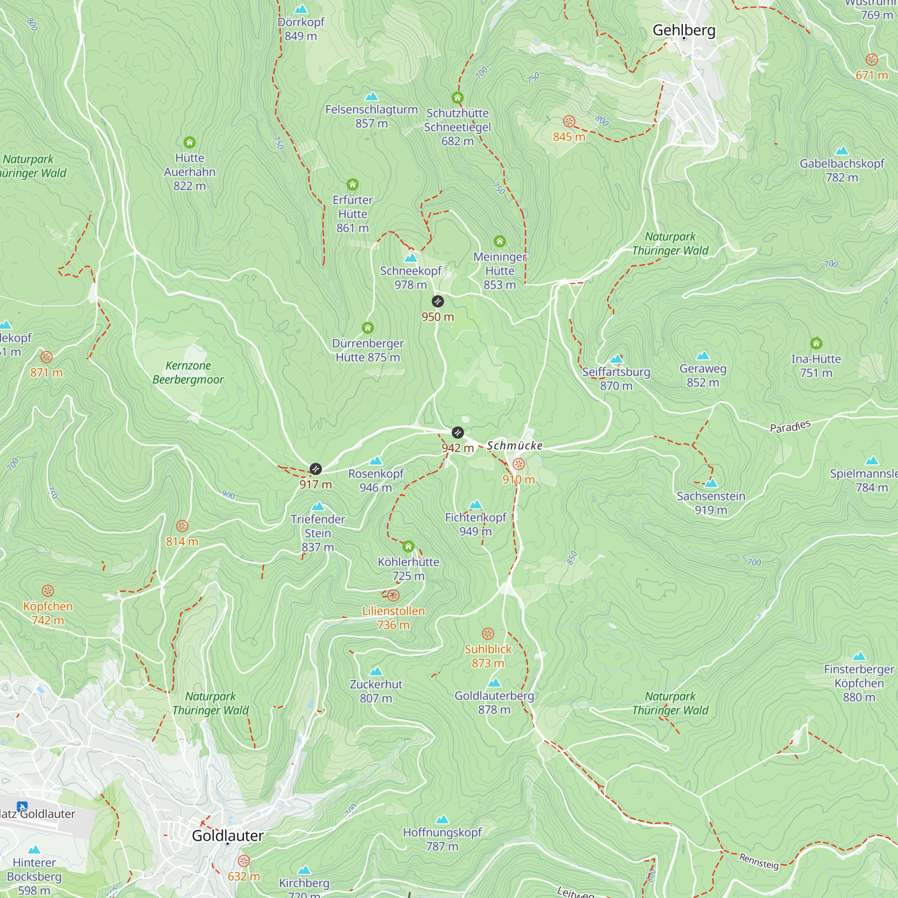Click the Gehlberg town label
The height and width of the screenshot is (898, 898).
tap(684, 30)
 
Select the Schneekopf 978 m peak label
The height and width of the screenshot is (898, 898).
tap(410, 277)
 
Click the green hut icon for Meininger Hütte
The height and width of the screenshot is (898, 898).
tap(500, 241)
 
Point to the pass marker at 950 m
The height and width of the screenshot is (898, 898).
tap(437, 302)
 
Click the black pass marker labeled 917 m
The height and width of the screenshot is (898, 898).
tap(316, 469)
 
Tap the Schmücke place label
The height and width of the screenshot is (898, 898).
tap(515, 446)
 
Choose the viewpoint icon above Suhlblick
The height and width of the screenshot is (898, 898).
tap(488, 634)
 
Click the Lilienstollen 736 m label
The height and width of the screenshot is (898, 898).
tap(393, 618)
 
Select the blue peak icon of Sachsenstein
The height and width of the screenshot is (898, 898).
tap(711, 484)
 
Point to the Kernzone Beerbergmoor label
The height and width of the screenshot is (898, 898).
tap(188, 372)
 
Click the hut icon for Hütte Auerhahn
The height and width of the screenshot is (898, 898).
tap(189, 142)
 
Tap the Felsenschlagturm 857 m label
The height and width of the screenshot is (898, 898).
tap(371, 116)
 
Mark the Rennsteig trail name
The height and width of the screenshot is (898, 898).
tap(758, 861)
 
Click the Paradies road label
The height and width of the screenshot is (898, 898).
tap(790, 426)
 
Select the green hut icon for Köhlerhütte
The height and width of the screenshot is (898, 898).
tap(408, 546)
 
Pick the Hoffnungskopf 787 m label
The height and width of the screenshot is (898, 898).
tap(442, 839)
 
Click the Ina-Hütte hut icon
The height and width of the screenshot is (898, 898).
tap(816, 343)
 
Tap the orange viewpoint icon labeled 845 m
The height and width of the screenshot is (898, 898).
tap(569, 122)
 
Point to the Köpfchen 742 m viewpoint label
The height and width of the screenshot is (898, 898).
tap(48, 613)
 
